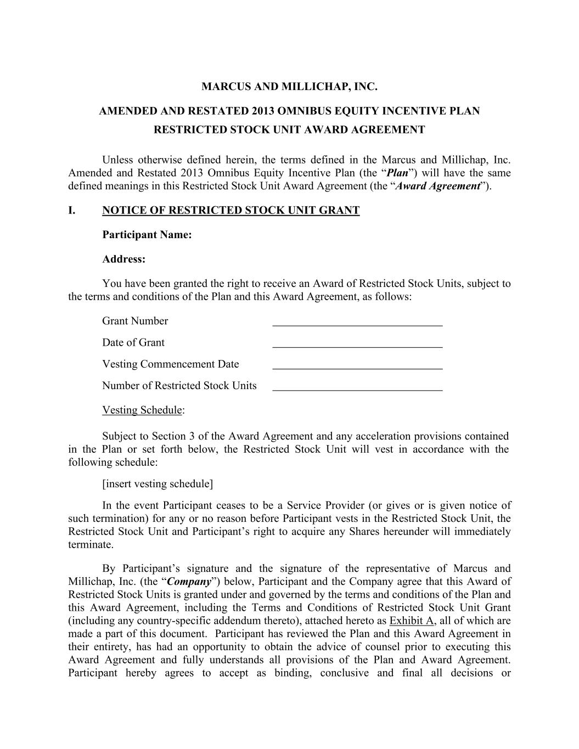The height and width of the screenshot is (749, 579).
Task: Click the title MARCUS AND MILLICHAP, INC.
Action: tap(289, 87)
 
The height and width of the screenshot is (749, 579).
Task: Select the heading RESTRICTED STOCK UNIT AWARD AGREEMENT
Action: tap(289, 130)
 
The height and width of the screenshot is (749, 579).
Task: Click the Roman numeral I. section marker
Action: tap(72, 211)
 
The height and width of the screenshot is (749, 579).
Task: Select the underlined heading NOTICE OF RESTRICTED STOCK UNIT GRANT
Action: tap(231, 211)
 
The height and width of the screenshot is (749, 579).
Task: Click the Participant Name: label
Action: tap(147, 235)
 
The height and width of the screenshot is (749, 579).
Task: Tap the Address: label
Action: tap(123, 259)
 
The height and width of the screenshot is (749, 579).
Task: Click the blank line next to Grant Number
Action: tap(357, 324)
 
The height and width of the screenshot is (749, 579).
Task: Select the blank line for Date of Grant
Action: tap(357, 345)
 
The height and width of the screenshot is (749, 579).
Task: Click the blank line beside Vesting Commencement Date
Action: tap(357, 367)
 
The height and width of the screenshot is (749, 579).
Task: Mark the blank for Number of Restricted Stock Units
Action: tap(357, 388)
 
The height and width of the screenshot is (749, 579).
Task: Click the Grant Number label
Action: tap(135, 321)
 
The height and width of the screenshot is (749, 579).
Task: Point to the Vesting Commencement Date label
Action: tap(170, 364)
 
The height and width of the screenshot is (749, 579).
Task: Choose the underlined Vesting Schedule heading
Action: tap(142, 410)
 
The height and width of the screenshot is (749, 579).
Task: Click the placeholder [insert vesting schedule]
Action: tap(158, 484)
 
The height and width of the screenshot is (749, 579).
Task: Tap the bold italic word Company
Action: tap(189, 582)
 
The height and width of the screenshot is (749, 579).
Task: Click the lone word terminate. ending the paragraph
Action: tap(91, 544)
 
